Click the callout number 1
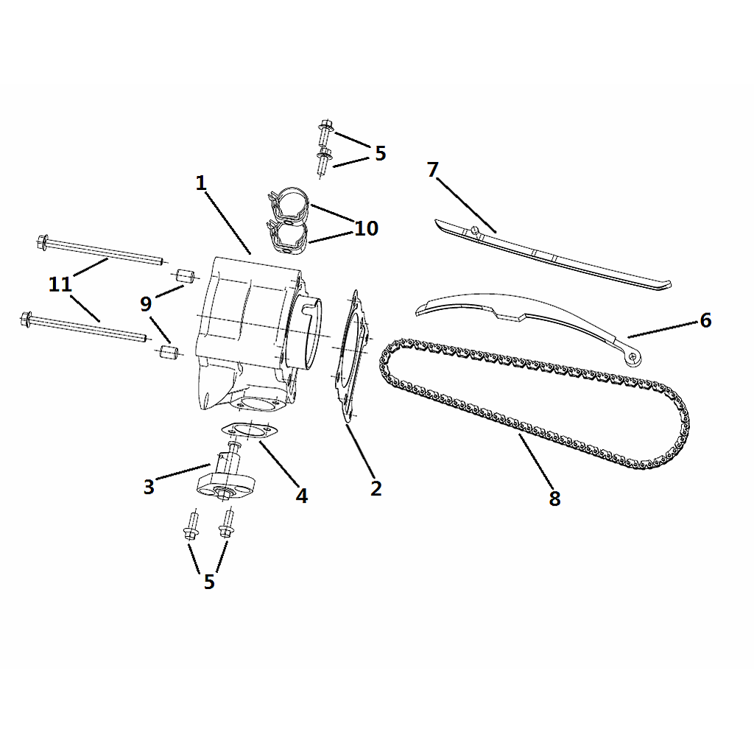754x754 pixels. point(201,183)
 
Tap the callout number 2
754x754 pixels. point(376,488)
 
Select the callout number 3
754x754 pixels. point(149,487)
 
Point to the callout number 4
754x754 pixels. point(301,496)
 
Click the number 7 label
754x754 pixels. point(433,170)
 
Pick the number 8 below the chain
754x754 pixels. point(554,498)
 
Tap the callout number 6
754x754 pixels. point(705,320)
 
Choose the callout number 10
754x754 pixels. point(367,228)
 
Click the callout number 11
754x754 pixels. point(60,284)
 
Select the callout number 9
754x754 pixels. point(146,304)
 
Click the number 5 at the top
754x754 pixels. point(381,153)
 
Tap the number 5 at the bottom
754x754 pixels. point(209,582)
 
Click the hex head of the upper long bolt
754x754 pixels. point(42,242)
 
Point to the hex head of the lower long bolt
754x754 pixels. point(26,320)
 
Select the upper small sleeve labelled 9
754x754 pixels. point(183,277)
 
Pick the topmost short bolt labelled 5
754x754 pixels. point(325,131)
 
